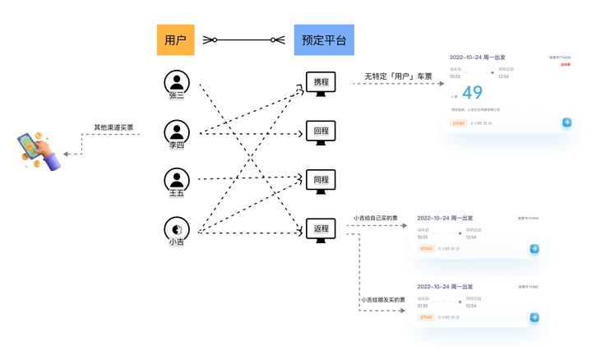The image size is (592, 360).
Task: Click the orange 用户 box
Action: [175, 39]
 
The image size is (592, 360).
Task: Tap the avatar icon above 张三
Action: [177, 81]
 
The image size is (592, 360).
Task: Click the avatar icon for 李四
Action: [177, 132]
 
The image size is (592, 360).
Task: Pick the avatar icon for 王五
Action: [177, 179]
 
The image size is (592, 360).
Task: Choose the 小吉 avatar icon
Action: [177, 228]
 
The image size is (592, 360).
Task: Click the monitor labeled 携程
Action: [321, 83]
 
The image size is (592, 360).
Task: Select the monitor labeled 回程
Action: [321, 132]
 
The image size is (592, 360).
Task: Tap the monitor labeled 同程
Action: [321, 180]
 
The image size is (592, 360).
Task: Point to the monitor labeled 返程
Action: [321, 229]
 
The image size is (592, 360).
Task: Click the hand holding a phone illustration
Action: [39, 150]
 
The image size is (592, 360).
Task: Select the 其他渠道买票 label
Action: [113, 128]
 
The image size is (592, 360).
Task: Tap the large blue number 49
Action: [473, 93]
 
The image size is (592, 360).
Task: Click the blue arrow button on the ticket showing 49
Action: [567, 122]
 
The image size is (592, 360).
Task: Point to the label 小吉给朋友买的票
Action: [383, 300]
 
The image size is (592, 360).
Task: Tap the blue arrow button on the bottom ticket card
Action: [534, 317]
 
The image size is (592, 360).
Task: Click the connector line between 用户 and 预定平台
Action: [243, 39]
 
